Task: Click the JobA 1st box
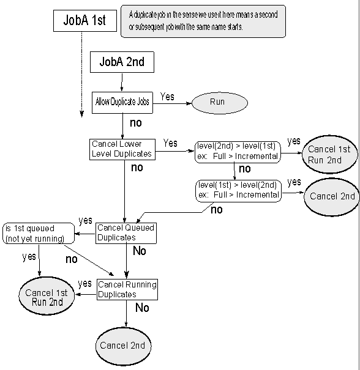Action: tap(85, 21)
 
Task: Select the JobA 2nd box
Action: tap(122, 62)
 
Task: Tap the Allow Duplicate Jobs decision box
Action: tap(122, 103)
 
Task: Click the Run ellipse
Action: tap(220, 103)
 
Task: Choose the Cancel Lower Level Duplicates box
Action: tap(122, 149)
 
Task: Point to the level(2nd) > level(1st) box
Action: tap(238, 152)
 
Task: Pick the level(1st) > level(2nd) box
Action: tap(239, 191)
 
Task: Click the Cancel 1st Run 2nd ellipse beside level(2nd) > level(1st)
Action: tap(330, 154)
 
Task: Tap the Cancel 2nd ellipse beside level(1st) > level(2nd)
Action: tap(332, 197)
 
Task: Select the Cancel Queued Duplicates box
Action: tap(126, 233)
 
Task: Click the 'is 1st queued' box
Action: tap(39, 234)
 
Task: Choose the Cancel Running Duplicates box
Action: tap(127, 289)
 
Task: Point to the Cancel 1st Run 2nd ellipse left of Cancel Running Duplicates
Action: tap(47, 296)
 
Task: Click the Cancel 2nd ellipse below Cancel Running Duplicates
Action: tap(123, 346)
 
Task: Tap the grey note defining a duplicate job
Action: tap(203, 21)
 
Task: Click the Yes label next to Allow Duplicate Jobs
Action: tap(167, 97)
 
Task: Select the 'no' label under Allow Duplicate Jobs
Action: tap(136, 123)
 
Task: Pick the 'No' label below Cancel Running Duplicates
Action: tap(142, 308)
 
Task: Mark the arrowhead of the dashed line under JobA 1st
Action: tap(81, 114)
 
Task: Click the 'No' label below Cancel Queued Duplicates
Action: tap(140, 251)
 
